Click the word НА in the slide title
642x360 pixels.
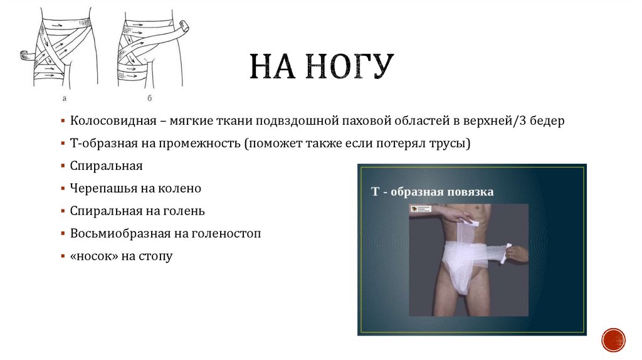(x=273, y=67)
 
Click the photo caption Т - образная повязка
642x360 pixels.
(x=432, y=191)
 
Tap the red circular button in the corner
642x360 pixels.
(x=613, y=339)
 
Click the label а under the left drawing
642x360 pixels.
(x=64, y=99)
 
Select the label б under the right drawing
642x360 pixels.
(x=149, y=99)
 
